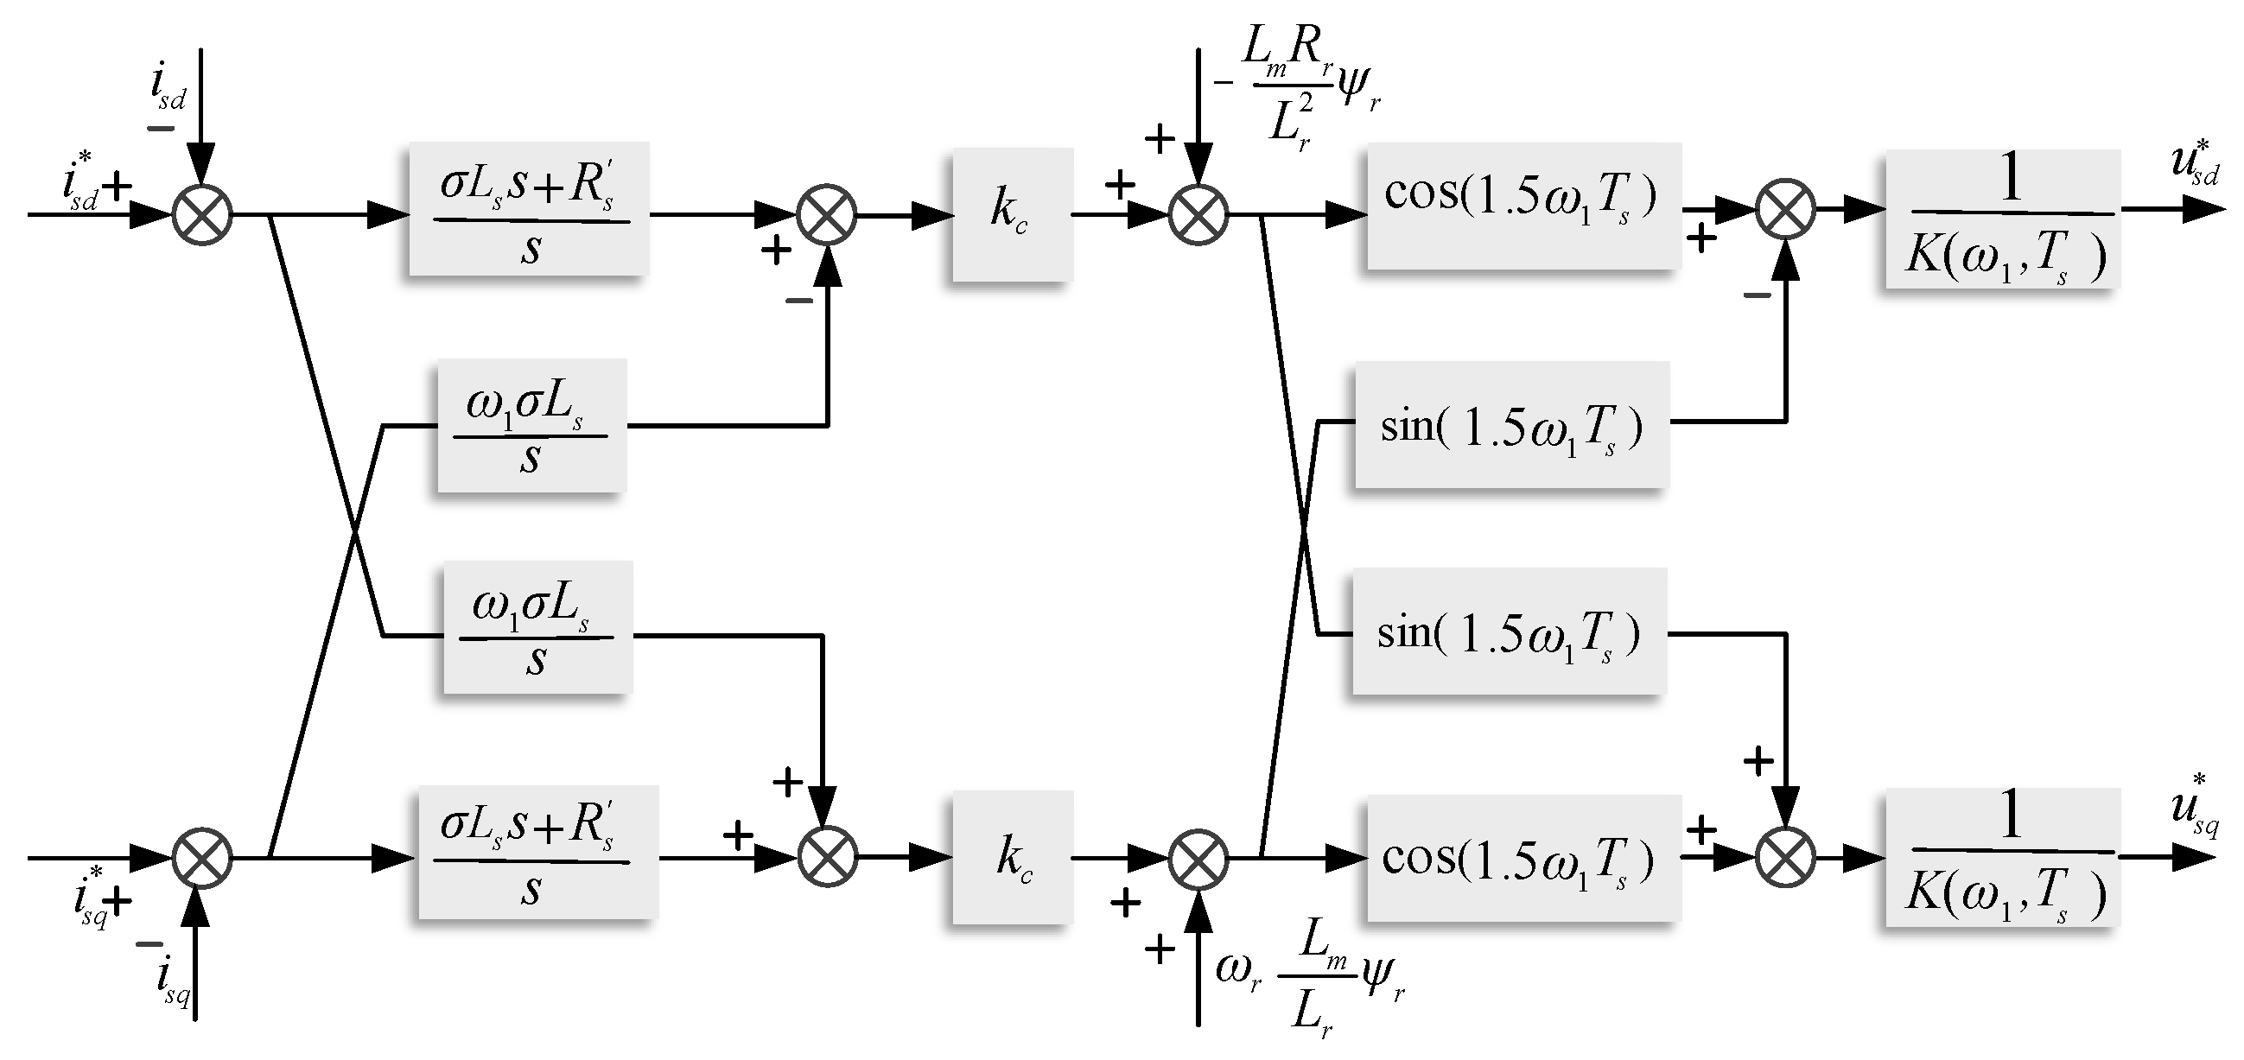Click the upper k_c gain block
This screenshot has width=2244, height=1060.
point(1011,214)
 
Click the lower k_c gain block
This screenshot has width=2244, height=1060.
point(1011,857)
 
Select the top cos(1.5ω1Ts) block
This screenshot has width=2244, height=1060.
point(1522,206)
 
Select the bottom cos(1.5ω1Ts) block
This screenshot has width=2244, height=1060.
point(1522,857)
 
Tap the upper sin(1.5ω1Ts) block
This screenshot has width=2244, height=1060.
point(1511,424)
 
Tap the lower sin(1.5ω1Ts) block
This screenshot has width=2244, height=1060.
point(1509,632)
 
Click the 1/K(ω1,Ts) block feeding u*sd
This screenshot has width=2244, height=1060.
point(2002,219)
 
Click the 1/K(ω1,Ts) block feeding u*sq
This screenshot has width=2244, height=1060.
point(2002,857)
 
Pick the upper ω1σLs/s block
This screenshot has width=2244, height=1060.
point(531,426)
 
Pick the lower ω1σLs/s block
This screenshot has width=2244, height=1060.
point(537,627)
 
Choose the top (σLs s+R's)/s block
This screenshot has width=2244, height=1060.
point(529,209)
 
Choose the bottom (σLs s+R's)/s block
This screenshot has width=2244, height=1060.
point(537,852)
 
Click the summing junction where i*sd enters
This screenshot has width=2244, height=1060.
point(202,214)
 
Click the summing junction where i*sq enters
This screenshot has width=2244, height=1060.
point(202,858)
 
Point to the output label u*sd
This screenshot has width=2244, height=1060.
point(2195,165)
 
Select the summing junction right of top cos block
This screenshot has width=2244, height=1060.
point(1786,210)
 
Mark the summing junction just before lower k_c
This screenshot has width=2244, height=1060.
point(827,857)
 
